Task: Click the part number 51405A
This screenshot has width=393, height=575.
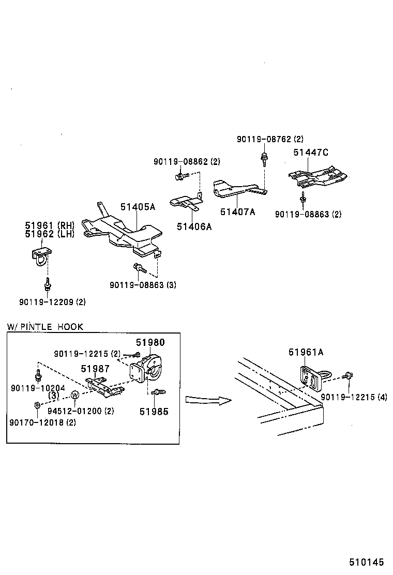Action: tap(138, 207)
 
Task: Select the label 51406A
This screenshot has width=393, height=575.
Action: tap(194, 226)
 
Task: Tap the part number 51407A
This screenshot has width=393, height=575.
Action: tap(238, 211)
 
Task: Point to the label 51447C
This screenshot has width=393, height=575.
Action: tap(311, 152)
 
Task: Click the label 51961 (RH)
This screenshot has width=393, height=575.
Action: tap(50, 225)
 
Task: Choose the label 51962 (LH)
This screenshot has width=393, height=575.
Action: tap(50, 233)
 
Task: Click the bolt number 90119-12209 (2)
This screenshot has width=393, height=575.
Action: tap(52, 301)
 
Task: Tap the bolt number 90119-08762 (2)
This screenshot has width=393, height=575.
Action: tap(270, 139)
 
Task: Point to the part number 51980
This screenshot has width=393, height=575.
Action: tap(150, 342)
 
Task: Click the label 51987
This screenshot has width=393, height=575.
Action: tap(95, 368)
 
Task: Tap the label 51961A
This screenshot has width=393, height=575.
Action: tap(306, 353)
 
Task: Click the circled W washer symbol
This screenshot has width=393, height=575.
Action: tap(74, 395)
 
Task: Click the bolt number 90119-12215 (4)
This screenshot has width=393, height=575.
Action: tap(354, 397)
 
